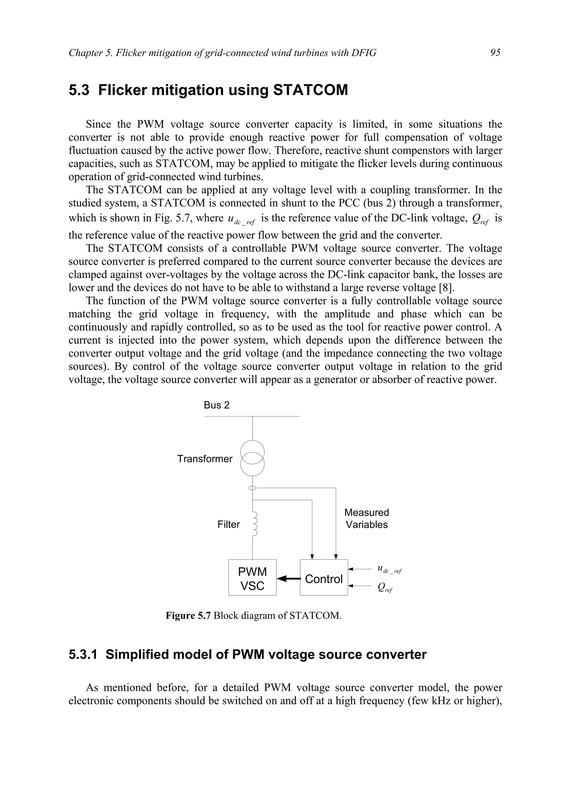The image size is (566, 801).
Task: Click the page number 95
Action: (x=495, y=53)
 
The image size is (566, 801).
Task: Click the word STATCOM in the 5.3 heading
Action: (x=310, y=90)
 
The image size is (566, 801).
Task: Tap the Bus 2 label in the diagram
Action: (x=217, y=405)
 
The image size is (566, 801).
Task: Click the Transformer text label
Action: (x=205, y=459)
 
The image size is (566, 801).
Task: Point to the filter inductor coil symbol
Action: (x=255, y=524)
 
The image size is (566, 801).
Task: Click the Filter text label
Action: (x=229, y=524)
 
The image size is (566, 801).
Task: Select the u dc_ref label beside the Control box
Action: (x=389, y=569)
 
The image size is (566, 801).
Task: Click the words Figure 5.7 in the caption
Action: (x=188, y=616)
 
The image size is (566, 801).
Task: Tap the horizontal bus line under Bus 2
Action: (x=279, y=416)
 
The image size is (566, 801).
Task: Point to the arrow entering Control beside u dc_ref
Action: (x=359, y=569)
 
